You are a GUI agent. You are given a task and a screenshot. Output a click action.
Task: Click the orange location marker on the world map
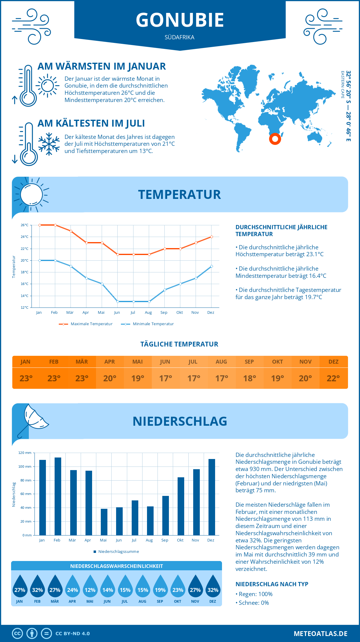pos(275,139)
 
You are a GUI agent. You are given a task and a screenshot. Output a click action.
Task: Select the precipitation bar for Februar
pos(58,496)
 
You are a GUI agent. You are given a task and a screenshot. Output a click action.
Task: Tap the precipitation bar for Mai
pos(104,522)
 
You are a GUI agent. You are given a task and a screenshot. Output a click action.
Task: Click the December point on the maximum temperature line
pos(211,237)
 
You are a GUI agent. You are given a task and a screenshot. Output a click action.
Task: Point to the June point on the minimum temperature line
pos(118,301)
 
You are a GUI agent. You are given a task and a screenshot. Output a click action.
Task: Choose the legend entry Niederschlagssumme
pos(116,551)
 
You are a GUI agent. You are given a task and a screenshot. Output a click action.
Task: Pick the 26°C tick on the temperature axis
pos(25,225)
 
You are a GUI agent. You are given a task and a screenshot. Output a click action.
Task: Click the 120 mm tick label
pos(25,453)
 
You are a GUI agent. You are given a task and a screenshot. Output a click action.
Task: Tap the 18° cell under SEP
pos(250,378)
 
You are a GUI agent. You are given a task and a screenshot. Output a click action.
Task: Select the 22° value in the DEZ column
pos(333,378)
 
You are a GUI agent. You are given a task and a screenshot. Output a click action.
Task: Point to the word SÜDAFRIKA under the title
pos(179,37)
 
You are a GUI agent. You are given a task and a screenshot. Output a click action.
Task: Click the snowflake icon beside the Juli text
pos(49,144)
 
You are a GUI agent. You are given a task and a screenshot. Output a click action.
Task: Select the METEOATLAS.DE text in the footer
pos(320,634)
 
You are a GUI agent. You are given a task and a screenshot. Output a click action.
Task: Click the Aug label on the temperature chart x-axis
pos(148,313)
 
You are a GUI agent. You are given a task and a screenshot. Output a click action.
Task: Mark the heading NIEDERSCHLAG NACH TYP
pos(272,584)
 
